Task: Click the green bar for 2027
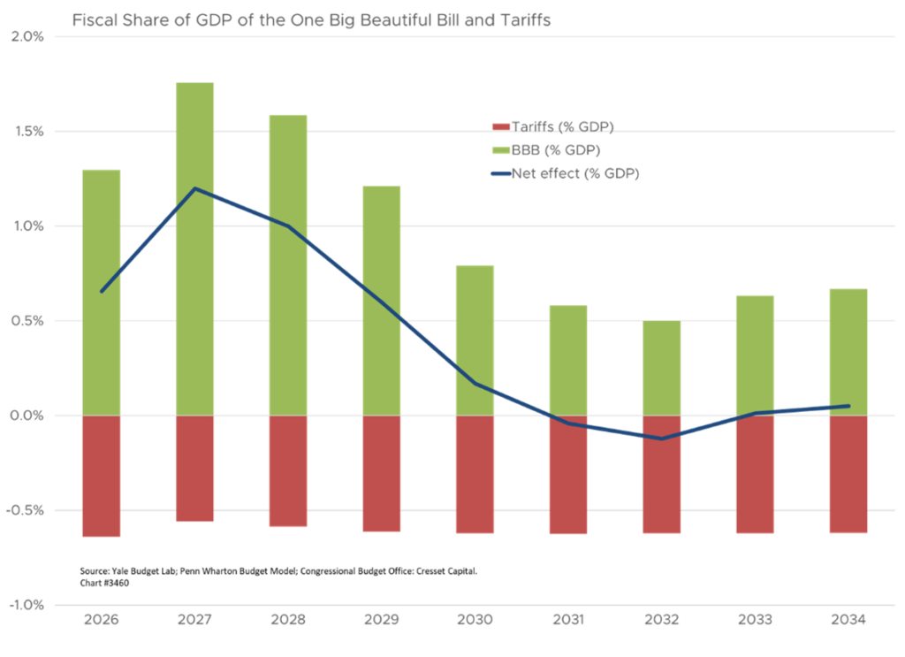click(x=194, y=248)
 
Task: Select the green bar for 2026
click(x=101, y=292)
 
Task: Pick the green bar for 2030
click(x=475, y=340)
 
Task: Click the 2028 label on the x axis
click(x=288, y=620)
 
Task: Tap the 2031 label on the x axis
click(x=567, y=620)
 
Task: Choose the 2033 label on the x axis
click(x=755, y=620)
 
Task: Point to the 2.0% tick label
click(x=27, y=36)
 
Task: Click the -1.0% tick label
click(x=26, y=605)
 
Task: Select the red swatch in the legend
click(x=500, y=126)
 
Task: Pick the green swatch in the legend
click(x=500, y=156)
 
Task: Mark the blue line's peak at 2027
click(x=195, y=188)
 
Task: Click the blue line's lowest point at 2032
click(x=661, y=438)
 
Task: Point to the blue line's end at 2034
click(x=849, y=406)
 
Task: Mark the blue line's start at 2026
click(x=102, y=292)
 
